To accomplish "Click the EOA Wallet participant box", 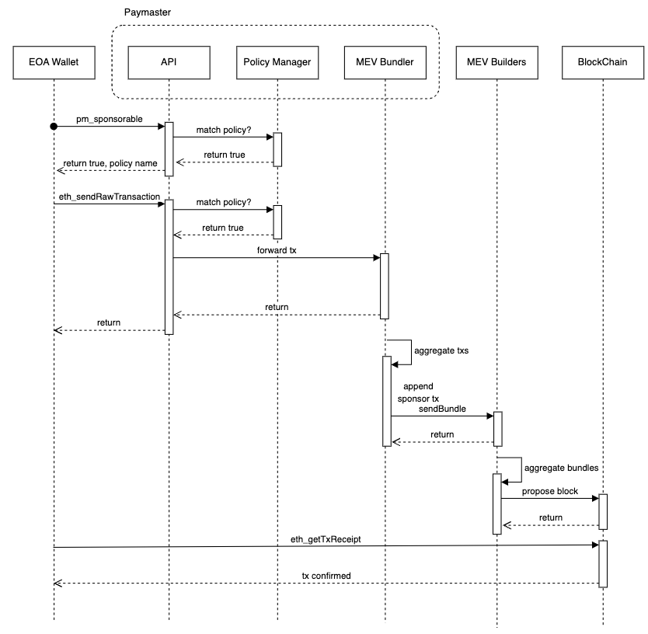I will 54,63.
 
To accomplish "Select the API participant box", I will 169,63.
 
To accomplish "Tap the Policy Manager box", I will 277,63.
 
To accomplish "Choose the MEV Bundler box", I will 385,63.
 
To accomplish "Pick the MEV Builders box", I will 496,63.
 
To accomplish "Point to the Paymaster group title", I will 148,13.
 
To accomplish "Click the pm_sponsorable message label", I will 110,118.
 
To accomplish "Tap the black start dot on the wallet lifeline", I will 54,126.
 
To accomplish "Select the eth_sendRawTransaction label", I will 108,197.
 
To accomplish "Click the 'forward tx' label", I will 277,251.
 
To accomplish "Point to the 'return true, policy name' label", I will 109,163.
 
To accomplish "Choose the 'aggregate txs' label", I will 441,351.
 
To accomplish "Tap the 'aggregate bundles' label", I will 561,468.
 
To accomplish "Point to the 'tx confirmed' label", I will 326,576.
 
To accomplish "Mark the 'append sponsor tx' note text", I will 418,392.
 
